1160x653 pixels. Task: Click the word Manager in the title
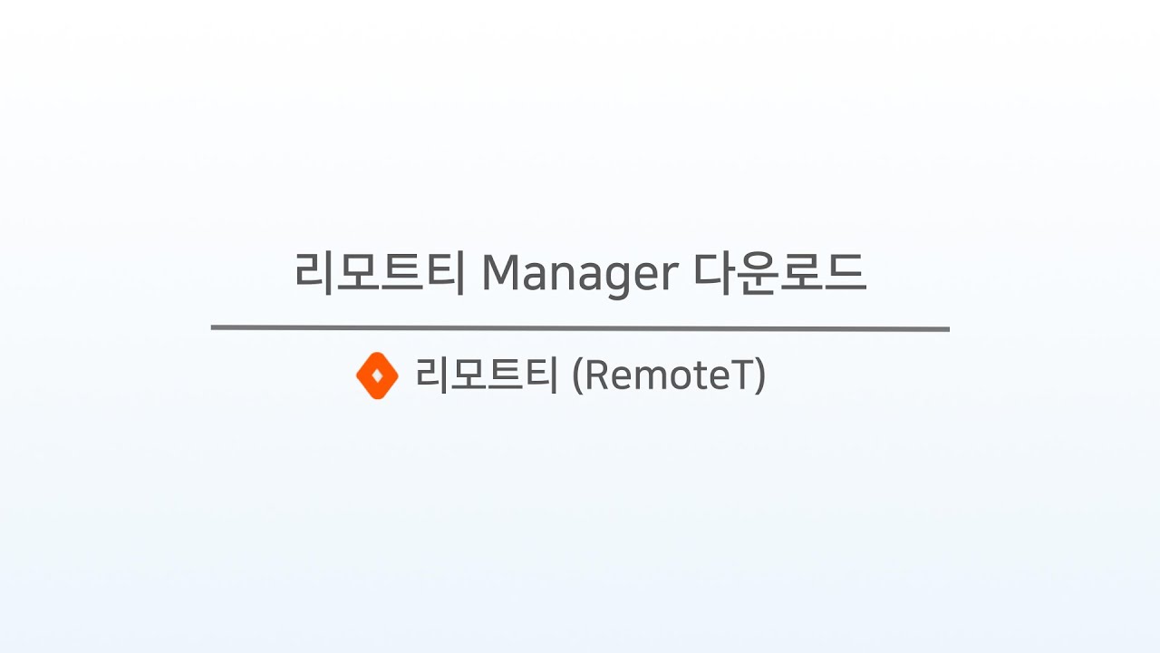point(580,274)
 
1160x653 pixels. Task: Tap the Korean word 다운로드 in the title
point(780,273)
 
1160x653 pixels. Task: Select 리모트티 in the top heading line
point(380,273)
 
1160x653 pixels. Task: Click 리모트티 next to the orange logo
point(487,375)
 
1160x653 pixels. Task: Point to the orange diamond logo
point(378,375)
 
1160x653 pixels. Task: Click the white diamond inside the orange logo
point(378,375)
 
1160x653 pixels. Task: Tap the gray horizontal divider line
point(580,328)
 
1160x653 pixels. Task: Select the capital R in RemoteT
point(596,375)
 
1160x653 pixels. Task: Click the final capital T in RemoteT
point(742,375)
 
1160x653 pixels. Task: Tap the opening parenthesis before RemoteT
point(577,375)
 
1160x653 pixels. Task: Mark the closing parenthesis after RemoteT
point(760,375)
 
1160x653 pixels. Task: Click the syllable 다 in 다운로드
point(713,273)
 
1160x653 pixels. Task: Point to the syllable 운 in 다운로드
point(757,274)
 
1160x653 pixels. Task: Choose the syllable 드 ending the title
point(846,273)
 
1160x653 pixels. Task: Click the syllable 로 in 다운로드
point(800,273)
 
